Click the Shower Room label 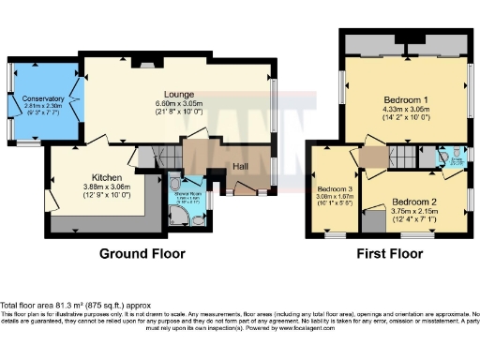pyautogui.click(x=190, y=193)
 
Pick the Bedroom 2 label pyautogui.click(x=413, y=202)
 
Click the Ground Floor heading pyautogui.click(x=142, y=254)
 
